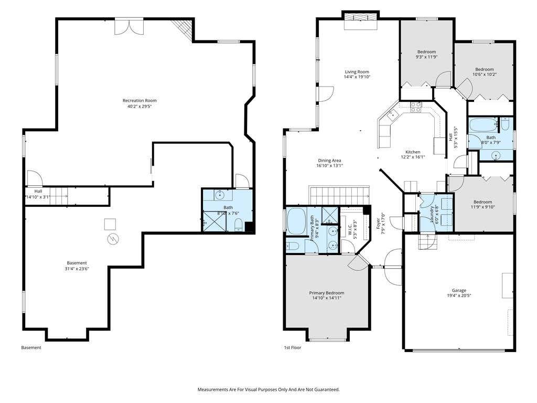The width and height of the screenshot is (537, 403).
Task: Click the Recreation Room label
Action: coord(139,100)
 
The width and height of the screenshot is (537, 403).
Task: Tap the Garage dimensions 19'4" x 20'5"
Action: coord(459,295)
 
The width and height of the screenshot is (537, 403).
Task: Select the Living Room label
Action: coord(357,72)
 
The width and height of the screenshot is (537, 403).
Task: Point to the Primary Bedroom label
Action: coord(326,293)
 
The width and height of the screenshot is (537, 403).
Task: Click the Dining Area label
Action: coord(329,161)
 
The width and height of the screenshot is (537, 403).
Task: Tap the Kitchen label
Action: coord(413,152)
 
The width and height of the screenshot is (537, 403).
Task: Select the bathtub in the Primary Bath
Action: coord(297,221)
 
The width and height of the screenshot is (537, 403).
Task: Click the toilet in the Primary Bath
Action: coord(293,246)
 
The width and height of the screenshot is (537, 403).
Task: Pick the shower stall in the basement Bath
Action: coord(214,221)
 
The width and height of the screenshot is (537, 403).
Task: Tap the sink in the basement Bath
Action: coord(220,195)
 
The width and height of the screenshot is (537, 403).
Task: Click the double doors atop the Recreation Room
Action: coord(129,26)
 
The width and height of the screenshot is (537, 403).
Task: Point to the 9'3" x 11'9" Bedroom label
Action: coord(426,52)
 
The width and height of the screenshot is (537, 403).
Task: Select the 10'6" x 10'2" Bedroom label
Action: coord(484,69)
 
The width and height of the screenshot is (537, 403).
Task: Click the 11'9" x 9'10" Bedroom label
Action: coord(482,202)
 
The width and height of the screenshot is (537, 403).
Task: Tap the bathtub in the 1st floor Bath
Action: coord(484,125)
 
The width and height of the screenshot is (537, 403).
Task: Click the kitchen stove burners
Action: coord(416,107)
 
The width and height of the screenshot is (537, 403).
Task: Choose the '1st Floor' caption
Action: coord(293,347)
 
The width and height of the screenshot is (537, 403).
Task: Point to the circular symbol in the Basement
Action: coord(113,239)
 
